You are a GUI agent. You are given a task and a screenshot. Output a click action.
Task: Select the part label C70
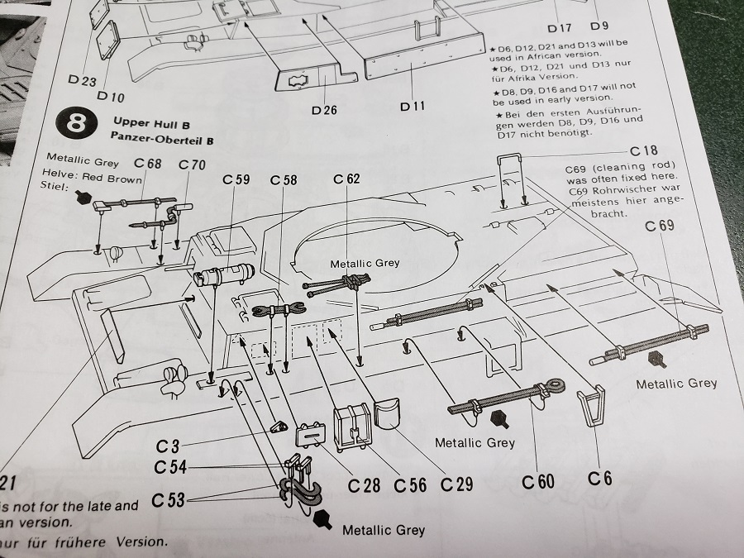193,165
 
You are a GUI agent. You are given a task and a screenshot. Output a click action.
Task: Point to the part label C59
236,179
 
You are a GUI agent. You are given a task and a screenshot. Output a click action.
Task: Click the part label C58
284,179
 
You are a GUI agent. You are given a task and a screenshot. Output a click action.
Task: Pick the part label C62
347,179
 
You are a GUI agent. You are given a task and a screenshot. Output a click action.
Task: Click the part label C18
644,150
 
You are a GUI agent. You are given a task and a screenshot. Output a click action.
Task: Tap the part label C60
538,481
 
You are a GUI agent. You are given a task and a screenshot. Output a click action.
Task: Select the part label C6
600,478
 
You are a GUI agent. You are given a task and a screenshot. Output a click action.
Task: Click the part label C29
457,484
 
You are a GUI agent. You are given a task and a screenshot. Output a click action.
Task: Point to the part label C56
409,484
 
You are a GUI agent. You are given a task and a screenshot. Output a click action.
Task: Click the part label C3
167,446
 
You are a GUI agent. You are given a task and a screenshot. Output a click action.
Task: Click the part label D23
83,80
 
